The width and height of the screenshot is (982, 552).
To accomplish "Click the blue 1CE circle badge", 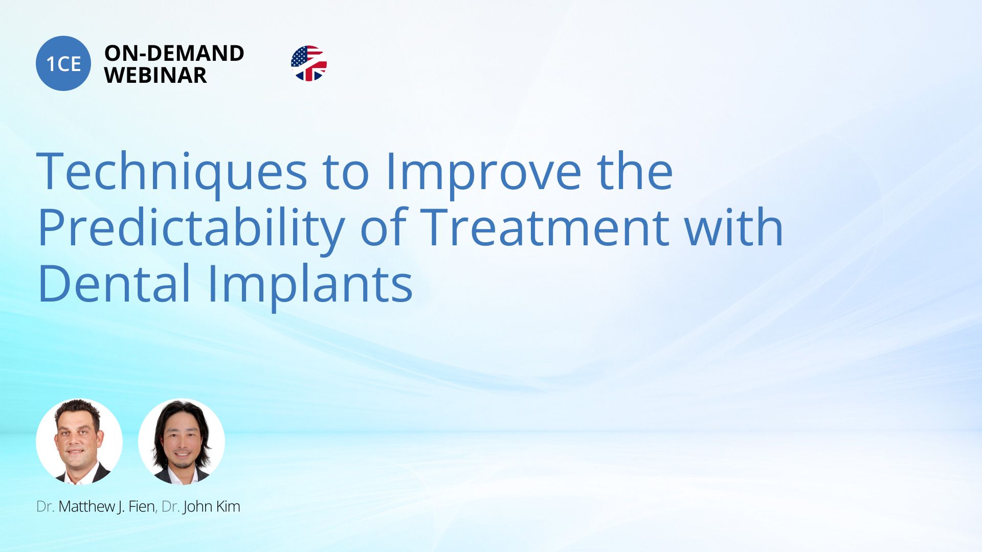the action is point(63,63).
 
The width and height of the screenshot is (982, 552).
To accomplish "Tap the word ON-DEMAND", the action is point(174,53).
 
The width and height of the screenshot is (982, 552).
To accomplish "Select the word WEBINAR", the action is point(155,75).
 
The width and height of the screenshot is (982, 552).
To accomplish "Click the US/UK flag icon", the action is point(308,63).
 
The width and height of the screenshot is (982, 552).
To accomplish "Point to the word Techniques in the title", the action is point(172,172).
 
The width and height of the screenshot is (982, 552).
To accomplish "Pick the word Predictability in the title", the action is point(191,228).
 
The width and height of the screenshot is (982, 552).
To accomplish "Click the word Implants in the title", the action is point(310,284).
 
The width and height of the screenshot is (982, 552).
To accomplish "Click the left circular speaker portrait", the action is point(79,442).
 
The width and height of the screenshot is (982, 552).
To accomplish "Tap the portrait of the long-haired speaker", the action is point(182,442).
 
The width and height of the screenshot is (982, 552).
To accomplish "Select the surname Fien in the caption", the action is point(142,507).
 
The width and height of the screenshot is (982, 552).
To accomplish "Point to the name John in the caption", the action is point(198,507).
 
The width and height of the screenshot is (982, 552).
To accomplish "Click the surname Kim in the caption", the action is point(228,507).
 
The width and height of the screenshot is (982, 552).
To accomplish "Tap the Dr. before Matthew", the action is point(45,507).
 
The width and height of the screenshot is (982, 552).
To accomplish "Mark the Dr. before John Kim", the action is point(170,507).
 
